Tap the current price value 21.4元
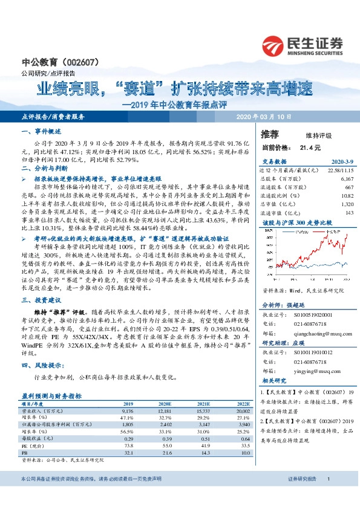(309, 148)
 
